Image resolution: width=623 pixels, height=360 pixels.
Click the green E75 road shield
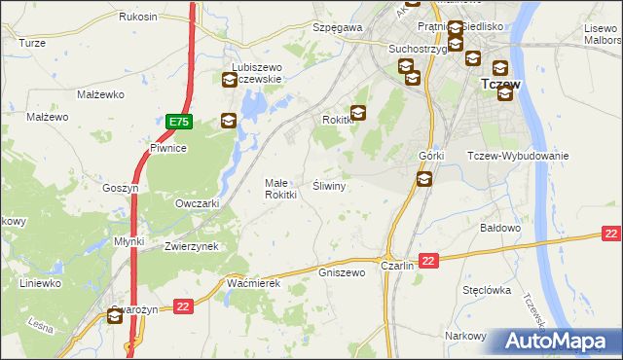tap(178, 123)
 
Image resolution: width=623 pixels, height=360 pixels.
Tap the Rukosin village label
tap(138, 18)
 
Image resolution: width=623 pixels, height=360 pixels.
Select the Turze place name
tap(32, 44)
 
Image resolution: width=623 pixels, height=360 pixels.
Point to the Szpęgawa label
tap(337, 28)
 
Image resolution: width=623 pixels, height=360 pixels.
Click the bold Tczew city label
tap(501, 85)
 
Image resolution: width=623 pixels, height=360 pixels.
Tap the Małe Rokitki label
tap(280, 188)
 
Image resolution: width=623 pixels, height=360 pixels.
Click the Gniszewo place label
tap(342, 272)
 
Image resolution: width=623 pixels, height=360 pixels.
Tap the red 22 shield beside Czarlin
tap(430, 260)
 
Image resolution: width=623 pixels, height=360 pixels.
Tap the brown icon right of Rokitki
tap(358, 114)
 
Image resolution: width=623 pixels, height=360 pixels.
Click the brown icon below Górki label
tap(424, 179)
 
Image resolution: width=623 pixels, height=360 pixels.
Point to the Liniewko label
tap(41, 283)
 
